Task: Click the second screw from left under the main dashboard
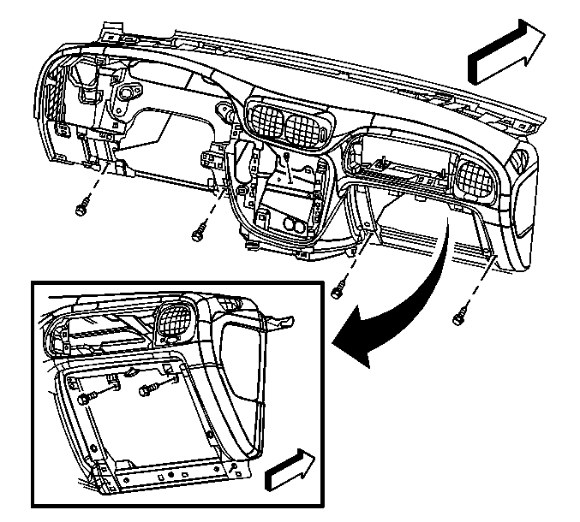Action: tap(199, 228)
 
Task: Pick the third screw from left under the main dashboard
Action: tap(337, 291)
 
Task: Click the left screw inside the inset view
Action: tap(85, 398)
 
